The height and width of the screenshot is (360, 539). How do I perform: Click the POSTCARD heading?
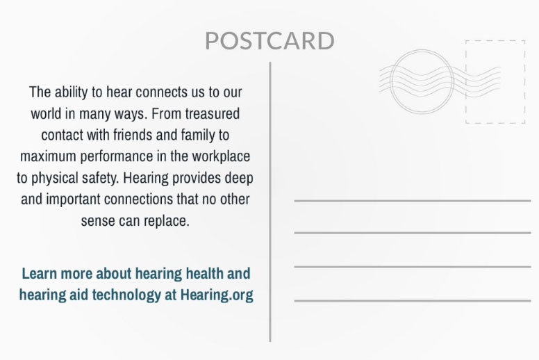click(x=269, y=41)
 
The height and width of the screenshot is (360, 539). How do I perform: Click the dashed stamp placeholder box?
click(x=466, y=81)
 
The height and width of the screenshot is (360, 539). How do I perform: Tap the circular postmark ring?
click(x=391, y=81)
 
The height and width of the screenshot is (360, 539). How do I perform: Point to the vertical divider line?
click(x=270, y=202)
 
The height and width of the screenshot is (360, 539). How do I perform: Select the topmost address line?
click(x=413, y=200)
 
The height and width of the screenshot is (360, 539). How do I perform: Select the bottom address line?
click(x=413, y=301)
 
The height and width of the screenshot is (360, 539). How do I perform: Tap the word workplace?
click(x=221, y=157)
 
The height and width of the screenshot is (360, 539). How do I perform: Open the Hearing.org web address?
click(x=217, y=295)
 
